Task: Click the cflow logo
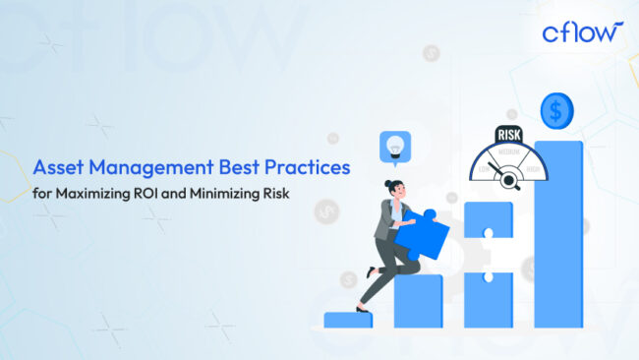tap(582, 32)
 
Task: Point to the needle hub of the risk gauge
tap(510, 178)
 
